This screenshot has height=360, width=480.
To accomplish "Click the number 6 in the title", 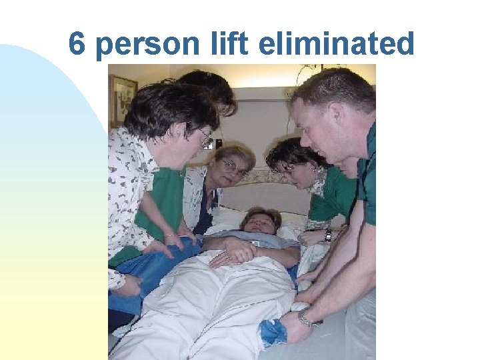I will tap(77, 44).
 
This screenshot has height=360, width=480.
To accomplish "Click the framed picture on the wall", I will tap(123, 101).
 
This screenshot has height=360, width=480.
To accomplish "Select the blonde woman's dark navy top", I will tap(203, 213).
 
